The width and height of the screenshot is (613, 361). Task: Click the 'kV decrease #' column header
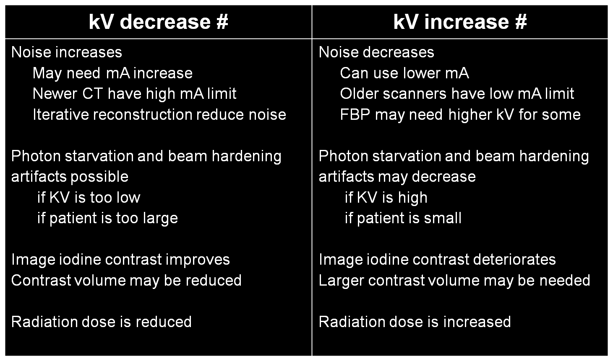158,22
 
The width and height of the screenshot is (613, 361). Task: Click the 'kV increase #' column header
460,22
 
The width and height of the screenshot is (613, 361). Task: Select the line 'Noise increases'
67,52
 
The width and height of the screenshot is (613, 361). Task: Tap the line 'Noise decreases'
376,52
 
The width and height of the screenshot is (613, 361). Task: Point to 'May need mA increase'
112,73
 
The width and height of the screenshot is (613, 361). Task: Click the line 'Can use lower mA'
404,73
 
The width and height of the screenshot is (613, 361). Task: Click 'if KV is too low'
89,197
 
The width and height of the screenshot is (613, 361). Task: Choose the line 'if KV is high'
386,197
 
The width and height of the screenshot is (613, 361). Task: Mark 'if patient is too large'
107,218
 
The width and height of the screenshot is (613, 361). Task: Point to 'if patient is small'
403,218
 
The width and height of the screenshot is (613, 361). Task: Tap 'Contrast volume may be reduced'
126,280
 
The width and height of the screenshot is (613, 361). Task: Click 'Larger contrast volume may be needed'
454,280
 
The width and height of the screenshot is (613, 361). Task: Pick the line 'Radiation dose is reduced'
102,322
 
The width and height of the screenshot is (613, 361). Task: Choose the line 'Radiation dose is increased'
415,322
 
